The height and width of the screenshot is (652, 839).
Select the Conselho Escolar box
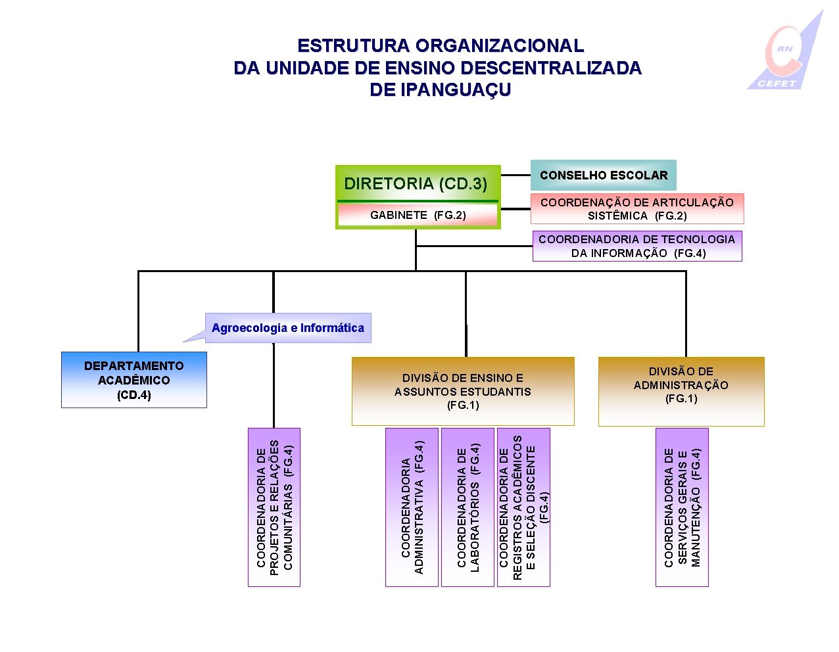click(603, 175)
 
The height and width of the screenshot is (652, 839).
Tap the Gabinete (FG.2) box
click(418, 215)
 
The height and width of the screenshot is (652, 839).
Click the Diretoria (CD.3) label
click(416, 183)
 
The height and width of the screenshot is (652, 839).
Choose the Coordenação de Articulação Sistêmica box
click(636, 209)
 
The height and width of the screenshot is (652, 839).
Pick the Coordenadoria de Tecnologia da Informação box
click(636, 246)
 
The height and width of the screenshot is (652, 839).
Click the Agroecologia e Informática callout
click(288, 328)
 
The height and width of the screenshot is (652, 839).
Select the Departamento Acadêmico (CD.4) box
click(133, 380)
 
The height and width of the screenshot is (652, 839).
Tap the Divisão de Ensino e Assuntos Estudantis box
click(462, 391)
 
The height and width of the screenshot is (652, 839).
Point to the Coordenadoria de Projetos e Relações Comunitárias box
click(274, 507)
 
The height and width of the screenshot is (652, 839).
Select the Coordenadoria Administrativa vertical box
click(412, 507)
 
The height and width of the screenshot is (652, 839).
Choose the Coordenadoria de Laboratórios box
click(467, 507)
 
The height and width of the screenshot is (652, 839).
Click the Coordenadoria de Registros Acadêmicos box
click(523, 507)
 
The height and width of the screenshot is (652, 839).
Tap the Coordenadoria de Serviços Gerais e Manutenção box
click(682, 507)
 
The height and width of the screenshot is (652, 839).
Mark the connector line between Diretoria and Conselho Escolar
click(515, 175)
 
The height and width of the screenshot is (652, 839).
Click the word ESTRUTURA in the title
click(352, 46)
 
